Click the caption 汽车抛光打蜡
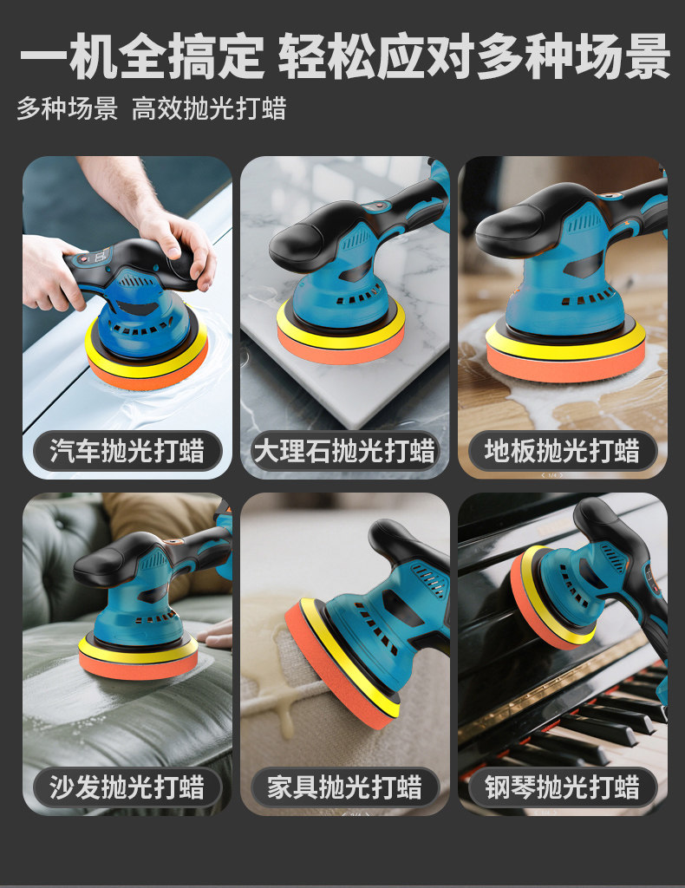pos(127,451)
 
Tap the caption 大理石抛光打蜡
pos(344,451)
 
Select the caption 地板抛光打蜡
pos(562,451)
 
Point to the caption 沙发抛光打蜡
pos(127,787)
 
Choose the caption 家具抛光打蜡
pos(344,787)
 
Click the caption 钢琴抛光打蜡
pos(562,787)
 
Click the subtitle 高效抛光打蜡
pos(209,108)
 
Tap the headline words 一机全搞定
pos(142,56)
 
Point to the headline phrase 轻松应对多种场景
pos(473,56)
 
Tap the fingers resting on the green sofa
pos(218,635)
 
